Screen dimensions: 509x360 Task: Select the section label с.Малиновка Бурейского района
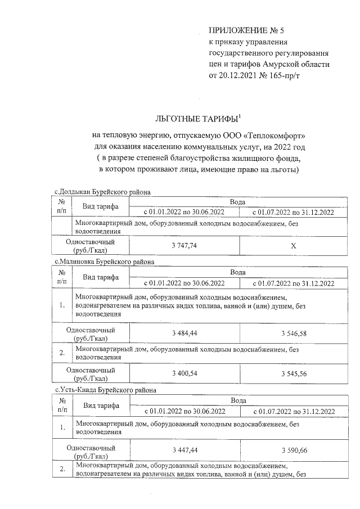point(103,262)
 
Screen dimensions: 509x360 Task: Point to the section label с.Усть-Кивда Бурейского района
point(105,390)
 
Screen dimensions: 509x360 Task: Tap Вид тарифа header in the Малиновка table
point(101,277)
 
